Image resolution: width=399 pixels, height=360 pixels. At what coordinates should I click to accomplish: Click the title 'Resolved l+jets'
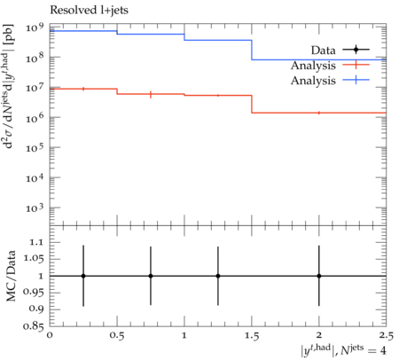click(x=89, y=10)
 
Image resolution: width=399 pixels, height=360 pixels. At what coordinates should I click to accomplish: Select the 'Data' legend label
click(x=324, y=51)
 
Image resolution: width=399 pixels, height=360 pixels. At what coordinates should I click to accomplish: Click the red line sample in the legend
click(x=356, y=65)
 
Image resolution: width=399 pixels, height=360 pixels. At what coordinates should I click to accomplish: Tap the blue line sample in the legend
click(x=356, y=80)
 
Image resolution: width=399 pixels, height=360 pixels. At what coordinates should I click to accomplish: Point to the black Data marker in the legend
click(x=356, y=50)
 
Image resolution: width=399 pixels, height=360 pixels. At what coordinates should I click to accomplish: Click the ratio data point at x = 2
click(x=319, y=276)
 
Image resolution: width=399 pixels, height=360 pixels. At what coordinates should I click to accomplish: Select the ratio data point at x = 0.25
click(x=83, y=276)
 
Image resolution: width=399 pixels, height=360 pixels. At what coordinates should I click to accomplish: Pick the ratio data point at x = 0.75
click(x=151, y=276)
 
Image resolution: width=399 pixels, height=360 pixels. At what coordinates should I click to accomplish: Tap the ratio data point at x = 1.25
click(x=218, y=276)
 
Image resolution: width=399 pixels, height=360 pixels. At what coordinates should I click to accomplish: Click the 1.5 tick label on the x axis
click(x=252, y=336)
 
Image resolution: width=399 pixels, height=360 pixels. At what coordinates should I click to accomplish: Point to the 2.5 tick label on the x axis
click(x=387, y=336)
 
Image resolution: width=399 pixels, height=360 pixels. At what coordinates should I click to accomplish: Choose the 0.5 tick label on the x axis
click(x=117, y=336)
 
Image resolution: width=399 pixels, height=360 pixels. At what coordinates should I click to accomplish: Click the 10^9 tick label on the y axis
click(x=35, y=27)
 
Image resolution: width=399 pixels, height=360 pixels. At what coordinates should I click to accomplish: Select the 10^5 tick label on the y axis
click(x=35, y=147)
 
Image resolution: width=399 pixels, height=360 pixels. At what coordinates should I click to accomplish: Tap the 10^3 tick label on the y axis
click(x=35, y=208)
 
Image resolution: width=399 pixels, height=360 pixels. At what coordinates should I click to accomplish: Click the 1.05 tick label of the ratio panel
click(x=34, y=259)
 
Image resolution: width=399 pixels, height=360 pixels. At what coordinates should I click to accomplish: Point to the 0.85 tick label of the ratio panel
click(x=34, y=326)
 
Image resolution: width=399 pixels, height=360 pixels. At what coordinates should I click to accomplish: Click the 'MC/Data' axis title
click(x=12, y=276)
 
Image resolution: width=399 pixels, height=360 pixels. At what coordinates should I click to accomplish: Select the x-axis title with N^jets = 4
click(x=343, y=350)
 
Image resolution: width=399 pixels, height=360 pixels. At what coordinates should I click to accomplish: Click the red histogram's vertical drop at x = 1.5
click(x=252, y=104)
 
